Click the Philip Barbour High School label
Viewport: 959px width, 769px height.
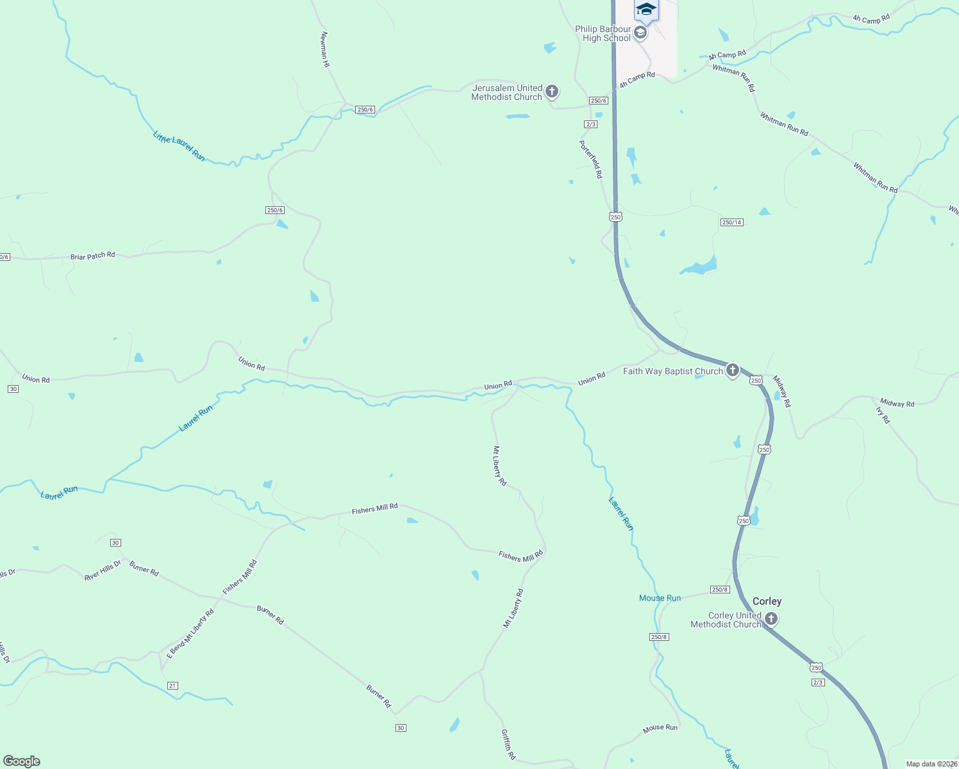[x=603, y=33]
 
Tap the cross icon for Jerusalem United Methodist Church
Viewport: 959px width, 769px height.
[x=552, y=92]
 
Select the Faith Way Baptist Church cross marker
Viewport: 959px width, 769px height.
[x=733, y=370]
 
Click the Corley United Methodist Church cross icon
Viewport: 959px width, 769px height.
[x=771, y=619]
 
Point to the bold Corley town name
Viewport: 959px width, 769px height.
[x=767, y=601]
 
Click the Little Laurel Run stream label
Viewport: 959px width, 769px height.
[x=179, y=146]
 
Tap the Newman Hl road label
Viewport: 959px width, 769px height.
[x=325, y=49]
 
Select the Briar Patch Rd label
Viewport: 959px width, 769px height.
[x=93, y=256]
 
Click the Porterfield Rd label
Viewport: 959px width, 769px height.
[x=591, y=159]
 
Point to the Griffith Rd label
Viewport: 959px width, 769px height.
[x=508, y=744]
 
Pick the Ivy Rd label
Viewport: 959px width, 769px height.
[x=883, y=415]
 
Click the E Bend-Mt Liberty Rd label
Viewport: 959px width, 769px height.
[x=190, y=634]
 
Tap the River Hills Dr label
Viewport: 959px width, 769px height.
[x=103, y=570]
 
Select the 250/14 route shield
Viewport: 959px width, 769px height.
[x=731, y=222]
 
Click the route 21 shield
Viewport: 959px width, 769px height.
[x=172, y=686]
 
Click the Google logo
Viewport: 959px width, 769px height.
[x=22, y=761]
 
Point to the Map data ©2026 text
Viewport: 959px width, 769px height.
[x=931, y=764]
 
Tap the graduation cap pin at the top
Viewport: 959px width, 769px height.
[x=646, y=10]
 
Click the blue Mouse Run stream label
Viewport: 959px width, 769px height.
[x=660, y=598]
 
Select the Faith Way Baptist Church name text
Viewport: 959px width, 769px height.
[x=672, y=371]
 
